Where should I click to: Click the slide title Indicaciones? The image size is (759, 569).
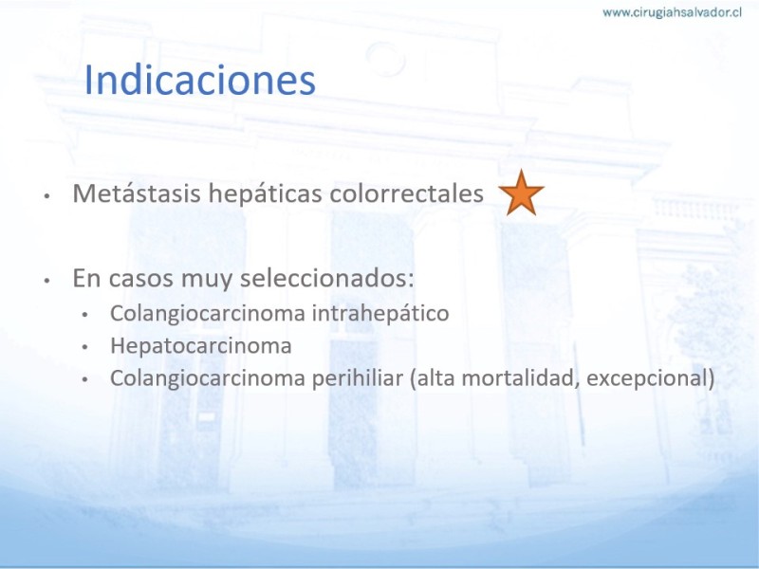click(x=200, y=80)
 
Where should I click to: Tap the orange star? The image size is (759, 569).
click(x=521, y=193)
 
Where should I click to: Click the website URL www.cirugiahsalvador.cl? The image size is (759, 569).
click(x=672, y=12)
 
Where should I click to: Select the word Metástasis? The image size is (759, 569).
click(x=137, y=193)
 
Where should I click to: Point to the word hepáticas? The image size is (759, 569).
click(x=266, y=194)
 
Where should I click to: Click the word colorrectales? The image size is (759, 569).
click(x=407, y=193)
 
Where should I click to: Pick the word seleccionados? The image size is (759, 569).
click(x=326, y=278)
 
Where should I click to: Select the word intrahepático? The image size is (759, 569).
click(x=380, y=313)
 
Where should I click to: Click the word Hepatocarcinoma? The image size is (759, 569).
click(x=201, y=346)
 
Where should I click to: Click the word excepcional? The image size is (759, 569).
click(x=647, y=378)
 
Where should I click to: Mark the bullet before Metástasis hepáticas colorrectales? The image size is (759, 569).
click(x=46, y=196)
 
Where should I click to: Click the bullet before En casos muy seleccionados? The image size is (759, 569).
click(x=46, y=281)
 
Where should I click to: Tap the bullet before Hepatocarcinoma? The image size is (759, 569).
click(x=84, y=347)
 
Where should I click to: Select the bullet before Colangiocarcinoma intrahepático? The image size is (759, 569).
click(x=84, y=315)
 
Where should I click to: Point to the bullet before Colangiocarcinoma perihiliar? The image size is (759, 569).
click(x=84, y=380)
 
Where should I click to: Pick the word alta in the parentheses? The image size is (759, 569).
click(x=436, y=377)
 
